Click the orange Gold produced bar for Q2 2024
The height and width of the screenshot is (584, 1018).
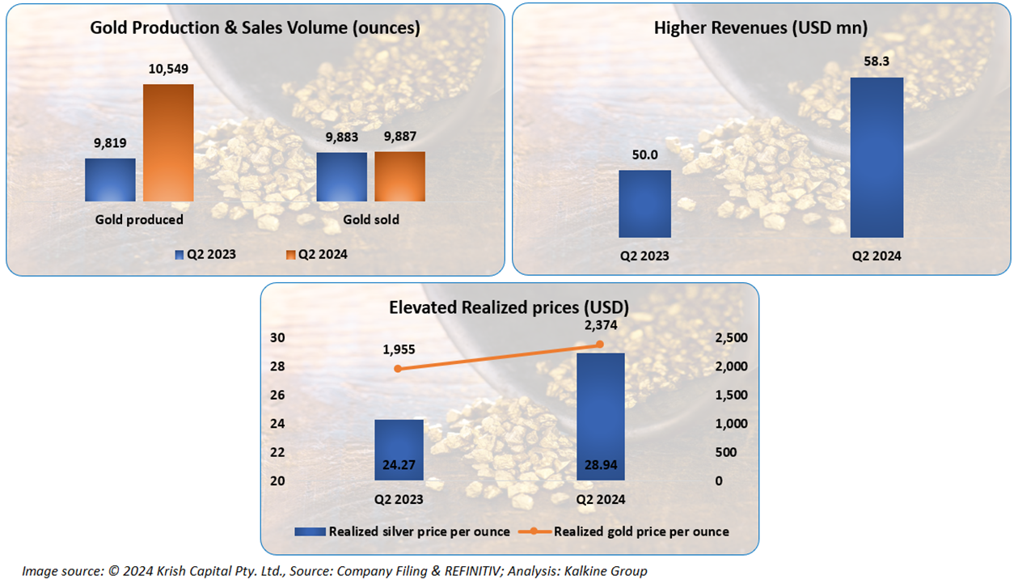click(x=168, y=142)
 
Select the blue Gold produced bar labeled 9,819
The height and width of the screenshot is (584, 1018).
click(x=110, y=180)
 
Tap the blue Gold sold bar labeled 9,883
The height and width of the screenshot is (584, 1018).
click(x=341, y=176)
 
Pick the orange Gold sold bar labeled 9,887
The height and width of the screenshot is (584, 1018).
click(x=399, y=176)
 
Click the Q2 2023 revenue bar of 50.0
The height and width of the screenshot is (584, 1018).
click(x=644, y=204)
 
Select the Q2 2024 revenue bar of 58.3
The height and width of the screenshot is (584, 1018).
click(x=876, y=157)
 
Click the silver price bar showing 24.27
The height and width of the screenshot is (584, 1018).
click(x=399, y=450)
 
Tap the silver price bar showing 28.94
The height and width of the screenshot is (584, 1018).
click(x=599, y=417)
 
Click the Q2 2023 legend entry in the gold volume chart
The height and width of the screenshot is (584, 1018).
click(x=205, y=254)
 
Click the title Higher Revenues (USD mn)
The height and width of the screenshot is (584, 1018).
click(x=760, y=28)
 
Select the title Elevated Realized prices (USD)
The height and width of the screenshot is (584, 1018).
click(x=509, y=307)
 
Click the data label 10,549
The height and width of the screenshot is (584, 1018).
click(x=169, y=70)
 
